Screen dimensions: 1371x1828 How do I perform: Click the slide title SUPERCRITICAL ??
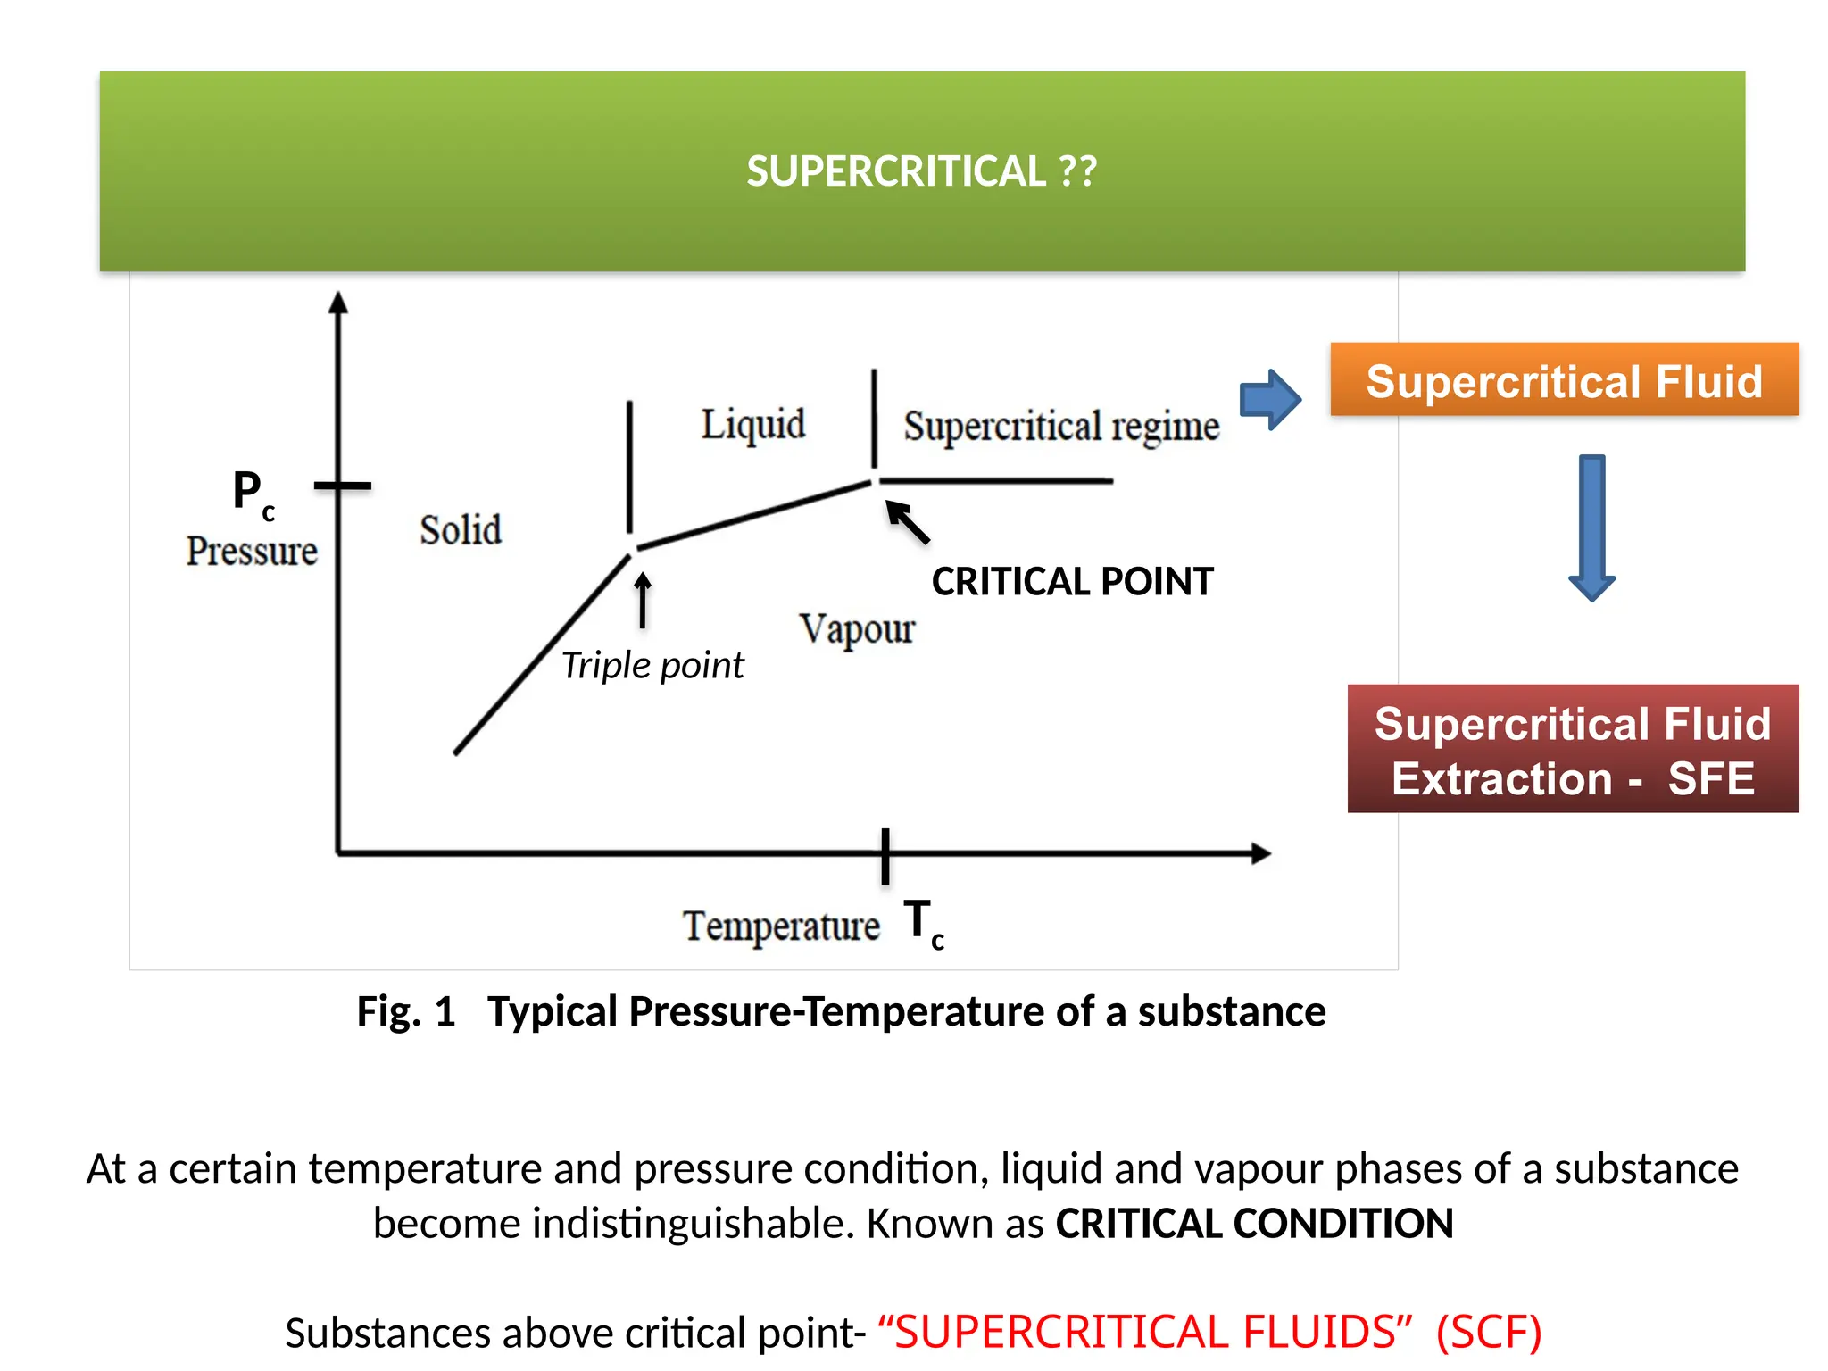[x=921, y=170]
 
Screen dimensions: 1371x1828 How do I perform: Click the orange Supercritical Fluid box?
[x=1564, y=380]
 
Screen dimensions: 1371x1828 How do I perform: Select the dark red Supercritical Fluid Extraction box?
[x=1572, y=750]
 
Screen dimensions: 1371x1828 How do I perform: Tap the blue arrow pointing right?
[x=1270, y=399]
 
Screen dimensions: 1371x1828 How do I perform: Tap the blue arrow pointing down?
[x=1591, y=528]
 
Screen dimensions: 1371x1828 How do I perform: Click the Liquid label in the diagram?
[x=752, y=424]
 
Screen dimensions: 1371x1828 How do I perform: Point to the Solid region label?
[x=461, y=530]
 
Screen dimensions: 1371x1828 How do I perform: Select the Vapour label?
[x=856, y=629]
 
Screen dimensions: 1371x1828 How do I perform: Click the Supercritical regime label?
[x=1060, y=427]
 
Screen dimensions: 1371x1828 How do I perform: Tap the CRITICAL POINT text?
[x=1072, y=582]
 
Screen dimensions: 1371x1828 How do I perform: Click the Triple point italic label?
[x=652, y=666]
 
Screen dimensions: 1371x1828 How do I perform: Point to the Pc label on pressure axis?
[x=253, y=494]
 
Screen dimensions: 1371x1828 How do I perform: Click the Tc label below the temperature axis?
[x=923, y=924]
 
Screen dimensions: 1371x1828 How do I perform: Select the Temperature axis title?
[x=780, y=926]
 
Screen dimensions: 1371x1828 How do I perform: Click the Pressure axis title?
[x=252, y=551]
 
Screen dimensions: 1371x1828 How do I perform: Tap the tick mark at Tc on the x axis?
[x=885, y=855]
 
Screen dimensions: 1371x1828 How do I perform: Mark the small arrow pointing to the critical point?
[x=908, y=522]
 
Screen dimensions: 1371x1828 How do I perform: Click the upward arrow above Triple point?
[x=643, y=600]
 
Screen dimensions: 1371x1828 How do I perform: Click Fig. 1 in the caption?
[x=406, y=1011]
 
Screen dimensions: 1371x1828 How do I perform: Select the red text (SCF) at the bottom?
[x=1488, y=1332]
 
